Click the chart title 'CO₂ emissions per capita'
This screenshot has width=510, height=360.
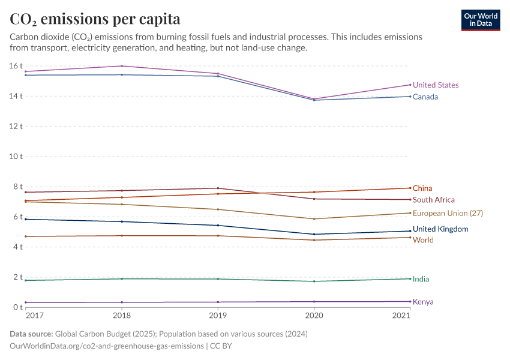(x=95, y=19)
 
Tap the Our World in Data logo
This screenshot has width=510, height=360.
(x=480, y=20)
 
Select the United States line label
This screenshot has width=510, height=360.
(x=436, y=85)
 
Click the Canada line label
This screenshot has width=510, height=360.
(x=425, y=97)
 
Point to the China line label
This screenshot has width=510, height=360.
(x=422, y=188)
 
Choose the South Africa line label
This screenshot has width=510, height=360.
(x=434, y=200)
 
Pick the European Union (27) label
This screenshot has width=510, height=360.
(x=448, y=213)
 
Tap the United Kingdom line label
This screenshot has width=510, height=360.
(x=440, y=229)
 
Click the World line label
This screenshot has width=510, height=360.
(x=423, y=240)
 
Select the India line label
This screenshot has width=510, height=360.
(x=421, y=279)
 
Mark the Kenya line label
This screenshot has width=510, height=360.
(x=423, y=302)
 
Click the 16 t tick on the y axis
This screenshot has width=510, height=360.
(x=16, y=65)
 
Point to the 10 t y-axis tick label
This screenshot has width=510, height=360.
(x=16, y=156)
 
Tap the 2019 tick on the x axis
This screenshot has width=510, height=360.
(x=218, y=316)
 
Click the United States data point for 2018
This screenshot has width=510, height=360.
(x=122, y=66)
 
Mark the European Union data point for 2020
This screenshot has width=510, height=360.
(x=314, y=219)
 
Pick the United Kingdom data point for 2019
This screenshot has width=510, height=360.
(x=218, y=226)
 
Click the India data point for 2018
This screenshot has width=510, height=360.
(x=122, y=278)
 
